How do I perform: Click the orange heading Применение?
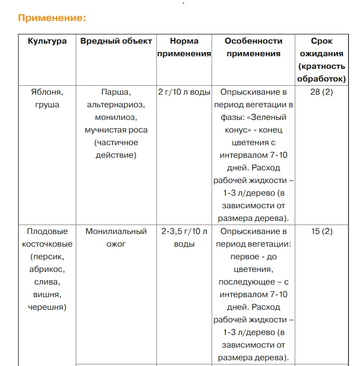click(x=52, y=18)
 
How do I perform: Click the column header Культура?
click(x=47, y=41)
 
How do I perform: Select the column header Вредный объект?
click(x=116, y=41)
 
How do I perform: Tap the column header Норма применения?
click(x=184, y=47)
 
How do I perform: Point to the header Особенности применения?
click(x=254, y=47)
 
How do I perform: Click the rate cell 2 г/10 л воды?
click(x=184, y=92)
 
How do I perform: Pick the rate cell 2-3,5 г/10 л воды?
click(x=184, y=238)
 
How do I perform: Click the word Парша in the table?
click(x=115, y=92)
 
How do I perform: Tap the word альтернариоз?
click(x=116, y=105)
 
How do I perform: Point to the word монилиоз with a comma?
click(x=116, y=117)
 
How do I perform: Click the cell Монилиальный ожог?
click(x=116, y=238)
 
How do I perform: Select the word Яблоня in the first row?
click(x=47, y=92)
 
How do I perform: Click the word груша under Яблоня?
click(x=47, y=105)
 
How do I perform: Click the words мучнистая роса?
click(x=116, y=130)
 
